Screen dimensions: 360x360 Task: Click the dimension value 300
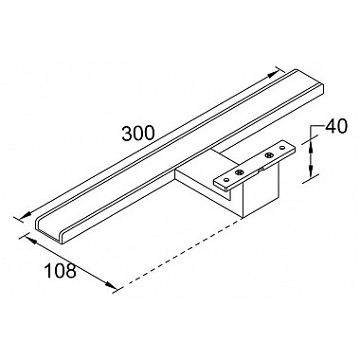click(x=138, y=133)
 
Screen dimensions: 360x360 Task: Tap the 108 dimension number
click(x=60, y=271)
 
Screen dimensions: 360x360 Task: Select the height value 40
click(x=336, y=126)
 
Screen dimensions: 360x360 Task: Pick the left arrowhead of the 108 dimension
click(x=30, y=241)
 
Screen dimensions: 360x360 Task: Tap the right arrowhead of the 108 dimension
click(x=111, y=284)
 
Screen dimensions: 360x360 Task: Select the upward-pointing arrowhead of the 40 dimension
click(x=311, y=148)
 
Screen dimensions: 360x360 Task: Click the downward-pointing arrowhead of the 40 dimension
click(x=311, y=170)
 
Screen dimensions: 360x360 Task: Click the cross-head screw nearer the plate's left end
click(x=239, y=172)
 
